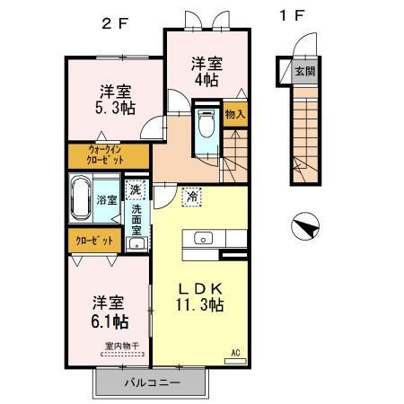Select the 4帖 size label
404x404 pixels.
(x=205, y=80)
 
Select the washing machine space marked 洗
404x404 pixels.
(x=135, y=189)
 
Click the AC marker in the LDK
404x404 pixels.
(x=237, y=352)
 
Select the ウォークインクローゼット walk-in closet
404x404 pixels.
(x=111, y=155)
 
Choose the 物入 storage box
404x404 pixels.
(x=234, y=115)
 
